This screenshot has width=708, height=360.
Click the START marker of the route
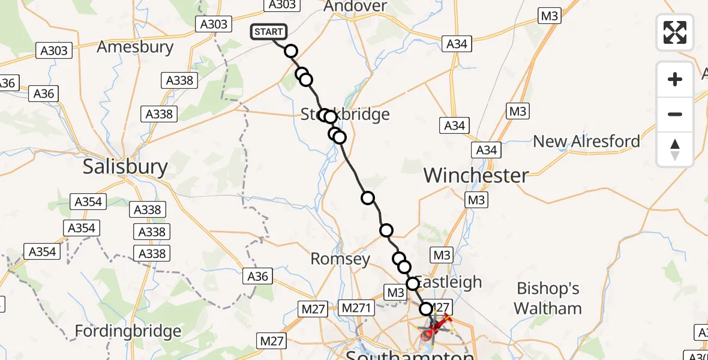pos(268,32)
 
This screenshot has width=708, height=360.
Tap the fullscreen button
pos(675,32)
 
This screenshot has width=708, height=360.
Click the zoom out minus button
pos(675,114)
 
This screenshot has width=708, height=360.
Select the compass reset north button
pos(675,149)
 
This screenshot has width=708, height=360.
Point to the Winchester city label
pos(476,175)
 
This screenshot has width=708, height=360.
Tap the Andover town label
pos(355,6)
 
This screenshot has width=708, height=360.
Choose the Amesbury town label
pos(135,47)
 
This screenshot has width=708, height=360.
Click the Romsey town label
pos(340,259)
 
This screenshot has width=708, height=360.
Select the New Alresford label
pos(586,142)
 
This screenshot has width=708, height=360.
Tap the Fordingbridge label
pos(128,331)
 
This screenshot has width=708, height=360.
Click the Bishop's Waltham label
pos(548,298)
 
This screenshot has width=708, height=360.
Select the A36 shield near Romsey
pos(258,276)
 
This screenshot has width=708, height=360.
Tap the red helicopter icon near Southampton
pos(440,328)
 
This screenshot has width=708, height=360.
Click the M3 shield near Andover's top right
pos(549,16)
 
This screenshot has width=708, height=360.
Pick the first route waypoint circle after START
pos(291,51)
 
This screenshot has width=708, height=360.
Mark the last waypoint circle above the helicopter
pos(425,309)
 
